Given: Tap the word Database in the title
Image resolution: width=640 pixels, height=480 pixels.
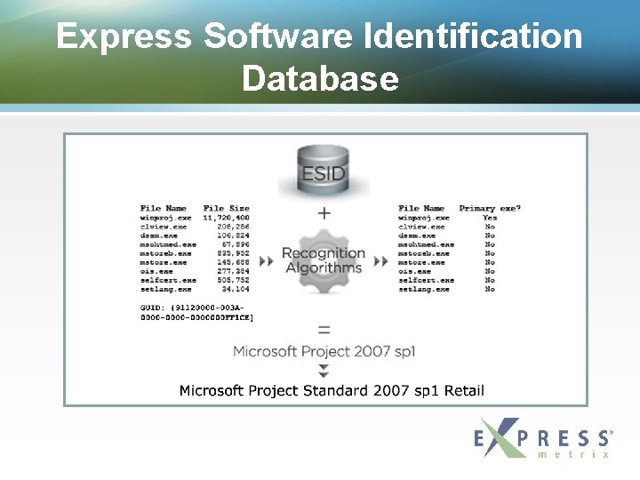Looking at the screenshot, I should pyautogui.click(x=320, y=78).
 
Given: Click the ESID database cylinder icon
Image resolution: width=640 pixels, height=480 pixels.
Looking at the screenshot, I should pyautogui.click(x=323, y=171).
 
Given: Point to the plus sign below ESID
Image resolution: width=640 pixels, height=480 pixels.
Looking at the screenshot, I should pyautogui.click(x=324, y=213).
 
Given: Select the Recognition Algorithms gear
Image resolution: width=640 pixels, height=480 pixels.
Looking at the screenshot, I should pyautogui.click(x=323, y=260).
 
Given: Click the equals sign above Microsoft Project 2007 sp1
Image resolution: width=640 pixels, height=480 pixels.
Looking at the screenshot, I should pyautogui.click(x=324, y=329).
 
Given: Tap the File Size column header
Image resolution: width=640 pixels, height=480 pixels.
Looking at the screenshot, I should pyautogui.click(x=226, y=208).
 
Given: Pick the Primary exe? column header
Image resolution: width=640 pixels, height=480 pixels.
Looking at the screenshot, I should pyautogui.click(x=490, y=208).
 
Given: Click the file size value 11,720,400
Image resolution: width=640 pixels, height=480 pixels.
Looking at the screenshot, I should pyautogui.click(x=226, y=217).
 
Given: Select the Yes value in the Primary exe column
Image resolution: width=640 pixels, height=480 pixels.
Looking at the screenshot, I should pyautogui.click(x=490, y=217).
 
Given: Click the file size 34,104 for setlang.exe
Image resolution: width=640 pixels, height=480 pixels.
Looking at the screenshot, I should pyautogui.click(x=236, y=289).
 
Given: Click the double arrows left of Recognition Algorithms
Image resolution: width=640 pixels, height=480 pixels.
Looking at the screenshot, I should pyautogui.click(x=266, y=262).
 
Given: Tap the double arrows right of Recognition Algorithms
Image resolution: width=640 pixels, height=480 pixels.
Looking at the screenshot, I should pyautogui.click(x=380, y=262).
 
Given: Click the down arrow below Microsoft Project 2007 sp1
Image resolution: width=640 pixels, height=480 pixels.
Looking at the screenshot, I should pyautogui.click(x=324, y=370).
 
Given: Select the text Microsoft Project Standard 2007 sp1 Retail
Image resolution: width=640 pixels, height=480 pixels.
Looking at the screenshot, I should pyautogui.click(x=332, y=390).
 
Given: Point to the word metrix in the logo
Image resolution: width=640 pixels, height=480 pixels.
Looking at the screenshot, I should pyautogui.click(x=574, y=453).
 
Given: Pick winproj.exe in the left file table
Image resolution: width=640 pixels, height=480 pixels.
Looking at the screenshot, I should pyautogui.click(x=165, y=217).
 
